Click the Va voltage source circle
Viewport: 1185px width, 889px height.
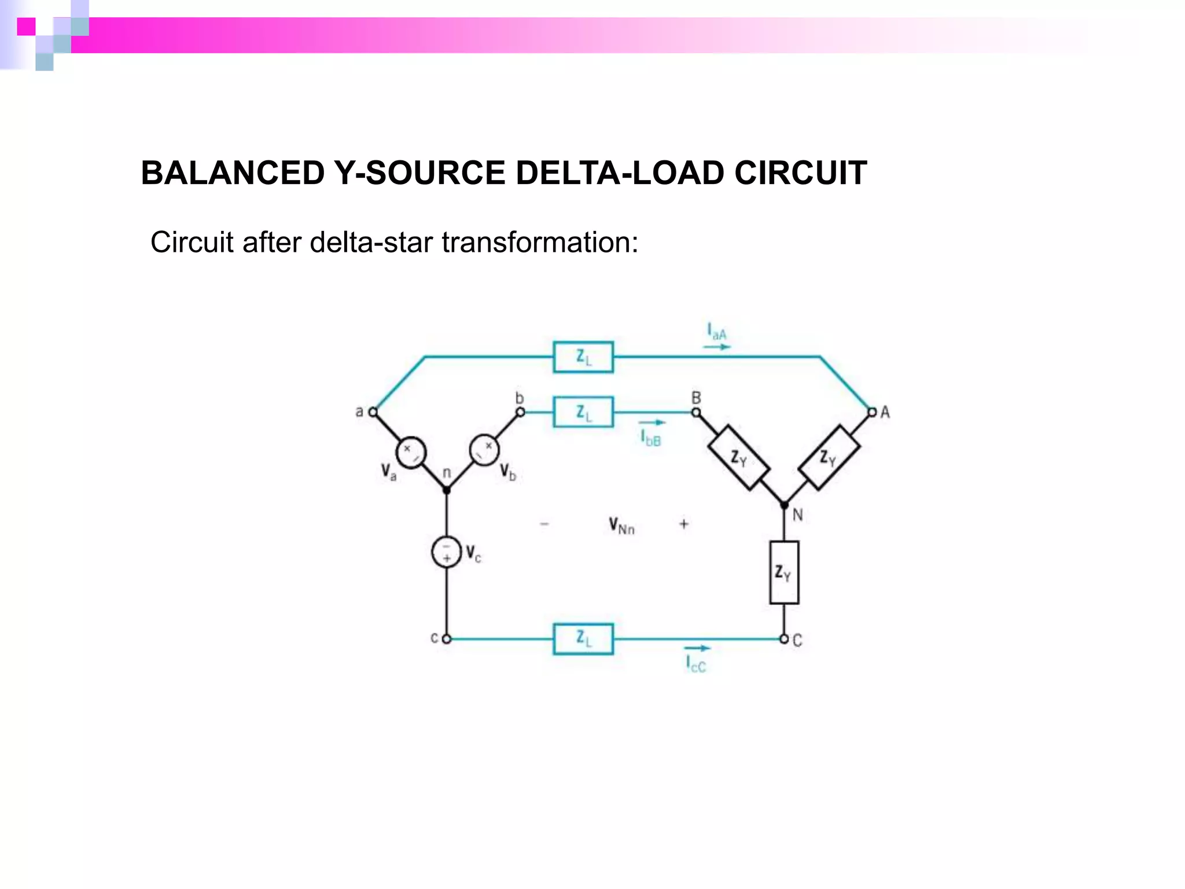[x=411, y=453]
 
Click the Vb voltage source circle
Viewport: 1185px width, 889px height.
[x=484, y=450]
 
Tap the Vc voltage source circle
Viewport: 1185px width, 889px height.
[x=447, y=552]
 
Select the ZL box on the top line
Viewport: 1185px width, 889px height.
[x=583, y=357]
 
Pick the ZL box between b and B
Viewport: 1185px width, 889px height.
[x=583, y=412]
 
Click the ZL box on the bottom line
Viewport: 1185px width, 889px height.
[x=583, y=639]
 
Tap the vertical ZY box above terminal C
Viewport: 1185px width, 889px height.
[x=784, y=572]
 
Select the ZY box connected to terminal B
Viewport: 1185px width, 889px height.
[x=738, y=458]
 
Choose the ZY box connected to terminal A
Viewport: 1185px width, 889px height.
[x=829, y=457]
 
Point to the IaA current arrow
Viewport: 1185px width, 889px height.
[x=717, y=347]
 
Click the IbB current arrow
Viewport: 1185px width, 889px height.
[x=652, y=423]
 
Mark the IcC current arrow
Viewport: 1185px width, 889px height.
[x=697, y=648]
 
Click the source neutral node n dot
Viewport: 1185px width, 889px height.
[x=447, y=490]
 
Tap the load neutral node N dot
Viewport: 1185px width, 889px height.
[x=784, y=505]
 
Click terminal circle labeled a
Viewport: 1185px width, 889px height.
[x=373, y=412]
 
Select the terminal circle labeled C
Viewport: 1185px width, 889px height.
[x=784, y=639]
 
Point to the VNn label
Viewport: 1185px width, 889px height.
[x=621, y=526]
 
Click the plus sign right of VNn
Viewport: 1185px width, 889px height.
[x=684, y=524]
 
